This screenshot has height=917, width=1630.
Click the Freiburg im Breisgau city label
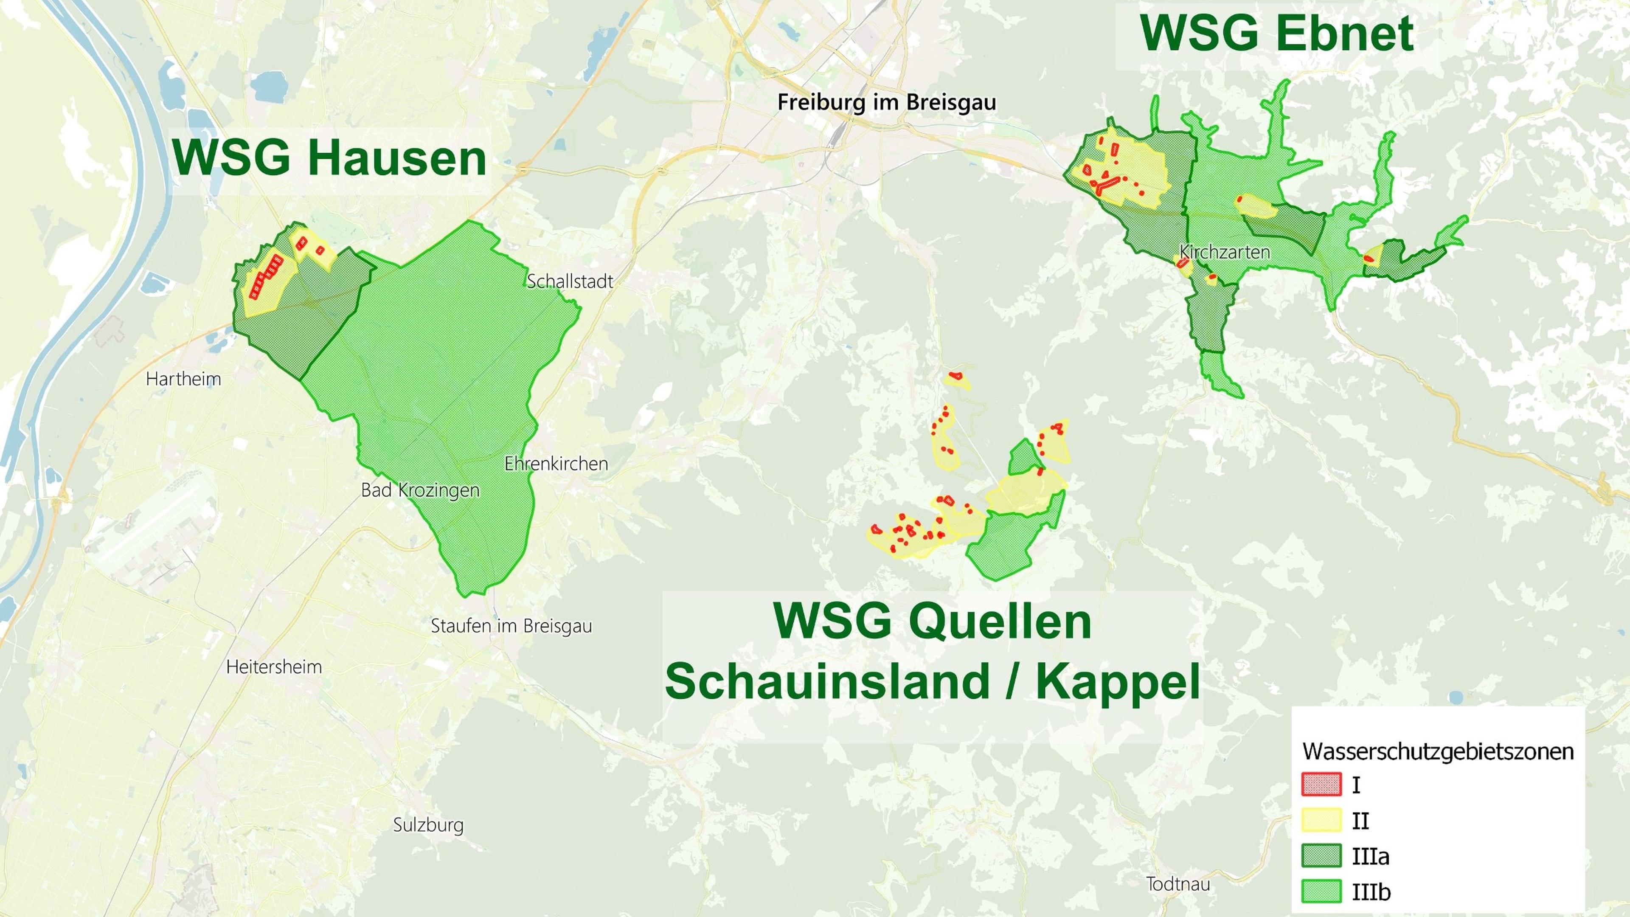[x=886, y=102]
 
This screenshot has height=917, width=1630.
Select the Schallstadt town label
[x=570, y=281]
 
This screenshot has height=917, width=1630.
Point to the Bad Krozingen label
[x=420, y=490]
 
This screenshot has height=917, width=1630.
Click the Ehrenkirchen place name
[x=556, y=464]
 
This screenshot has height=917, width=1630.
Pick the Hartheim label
[x=183, y=379]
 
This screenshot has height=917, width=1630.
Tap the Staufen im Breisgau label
[x=511, y=627]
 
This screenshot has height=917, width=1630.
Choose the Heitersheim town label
[x=274, y=667]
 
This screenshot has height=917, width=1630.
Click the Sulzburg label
[x=428, y=825]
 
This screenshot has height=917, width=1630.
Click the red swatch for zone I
[x=1321, y=785]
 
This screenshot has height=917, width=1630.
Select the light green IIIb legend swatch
[x=1321, y=892]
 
